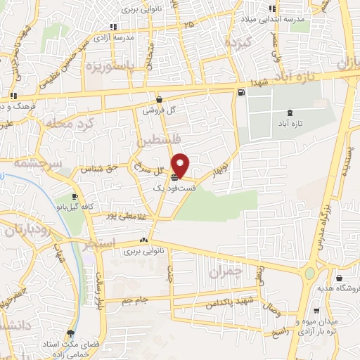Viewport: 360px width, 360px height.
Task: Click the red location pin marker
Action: pos(181,165)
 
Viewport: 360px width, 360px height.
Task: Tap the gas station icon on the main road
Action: pos(242,92)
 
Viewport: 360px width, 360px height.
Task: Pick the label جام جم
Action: pos(133,300)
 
